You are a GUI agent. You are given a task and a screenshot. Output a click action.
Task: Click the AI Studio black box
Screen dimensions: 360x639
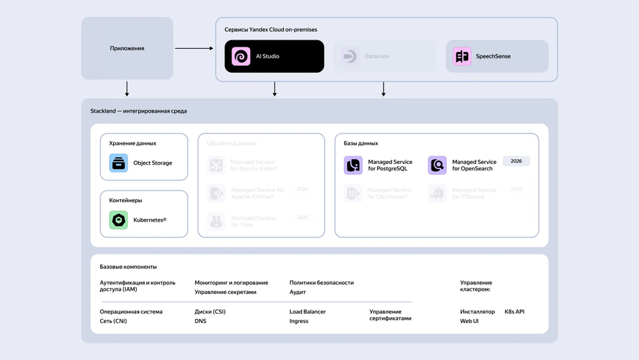click(x=274, y=56)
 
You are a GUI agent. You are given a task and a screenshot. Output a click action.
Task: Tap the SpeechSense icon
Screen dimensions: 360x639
click(x=462, y=56)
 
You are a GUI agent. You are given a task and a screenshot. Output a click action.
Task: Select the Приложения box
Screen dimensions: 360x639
click(x=127, y=48)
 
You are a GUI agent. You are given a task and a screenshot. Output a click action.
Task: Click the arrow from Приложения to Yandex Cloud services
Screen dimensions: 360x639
click(x=194, y=48)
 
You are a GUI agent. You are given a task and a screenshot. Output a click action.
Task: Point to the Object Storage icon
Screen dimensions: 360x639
click(x=119, y=163)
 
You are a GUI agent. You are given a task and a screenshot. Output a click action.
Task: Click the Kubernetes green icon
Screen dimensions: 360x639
click(x=119, y=220)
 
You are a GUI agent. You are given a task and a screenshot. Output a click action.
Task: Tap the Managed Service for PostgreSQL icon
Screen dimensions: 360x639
click(x=354, y=165)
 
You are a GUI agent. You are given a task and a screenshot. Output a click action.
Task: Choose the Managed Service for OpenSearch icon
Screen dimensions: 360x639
click(x=438, y=165)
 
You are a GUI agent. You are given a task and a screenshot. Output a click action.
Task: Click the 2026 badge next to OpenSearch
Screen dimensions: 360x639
click(x=516, y=161)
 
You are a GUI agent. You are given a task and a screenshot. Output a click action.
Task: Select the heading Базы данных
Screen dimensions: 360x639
click(x=361, y=143)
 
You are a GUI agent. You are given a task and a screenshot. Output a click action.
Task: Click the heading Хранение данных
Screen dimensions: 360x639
click(x=133, y=143)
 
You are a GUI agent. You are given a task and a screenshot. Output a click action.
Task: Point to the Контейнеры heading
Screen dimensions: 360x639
click(x=126, y=200)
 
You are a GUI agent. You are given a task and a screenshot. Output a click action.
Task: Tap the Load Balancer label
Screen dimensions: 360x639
click(x=308, y=312)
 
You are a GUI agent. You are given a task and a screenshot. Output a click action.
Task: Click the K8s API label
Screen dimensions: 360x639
click(x=515, y=312)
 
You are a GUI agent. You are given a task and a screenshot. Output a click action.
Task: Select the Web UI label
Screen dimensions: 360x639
click(x=470, y=322)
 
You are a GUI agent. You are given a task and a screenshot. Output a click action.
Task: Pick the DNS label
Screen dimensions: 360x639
click(x=201, y=322)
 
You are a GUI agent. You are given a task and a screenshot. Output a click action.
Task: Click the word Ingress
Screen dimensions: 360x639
click(x=299, y=322)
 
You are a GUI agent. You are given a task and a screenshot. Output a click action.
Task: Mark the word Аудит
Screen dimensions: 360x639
click(x=298, y=293)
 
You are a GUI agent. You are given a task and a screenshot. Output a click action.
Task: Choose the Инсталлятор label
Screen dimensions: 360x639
click(x=478, y=312)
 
